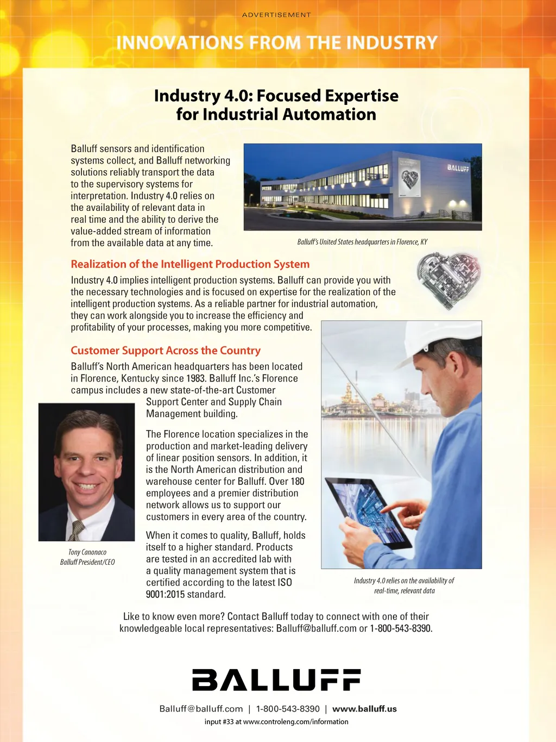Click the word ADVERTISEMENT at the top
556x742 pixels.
[x=276, y=15]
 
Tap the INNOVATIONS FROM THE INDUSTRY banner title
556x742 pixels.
[x=277, y=42]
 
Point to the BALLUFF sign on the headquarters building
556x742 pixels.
[x=458, y=168]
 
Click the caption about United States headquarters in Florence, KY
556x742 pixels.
[x=362, y=242]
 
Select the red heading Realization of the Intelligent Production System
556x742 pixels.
[x=190, y=264]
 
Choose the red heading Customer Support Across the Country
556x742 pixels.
[x=166, y=351]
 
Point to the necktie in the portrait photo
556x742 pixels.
[x=77, y=529]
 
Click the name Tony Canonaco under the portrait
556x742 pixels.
[x=87, y=552]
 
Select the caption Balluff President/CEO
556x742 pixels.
[x=87, y=562]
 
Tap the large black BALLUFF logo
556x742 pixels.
[x=276, y=680]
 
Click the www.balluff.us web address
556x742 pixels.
[x=364, y=709]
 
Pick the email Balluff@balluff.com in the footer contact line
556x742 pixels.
[x=201, y=709]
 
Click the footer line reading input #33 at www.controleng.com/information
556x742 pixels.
[x=276, y=722]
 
